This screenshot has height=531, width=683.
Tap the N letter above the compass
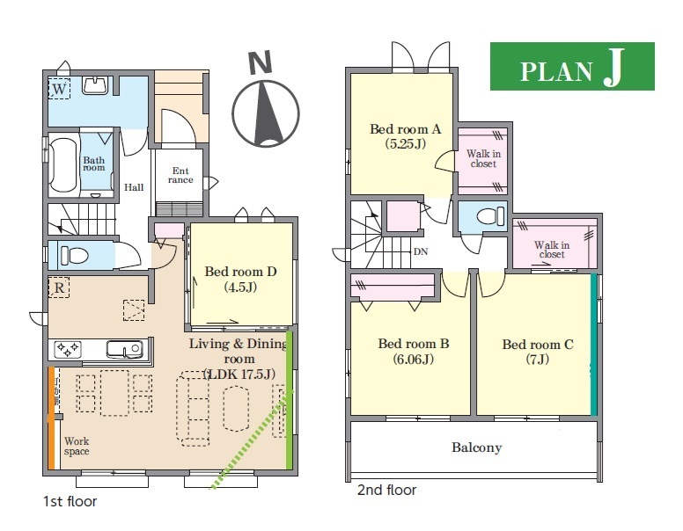tap(260, 62)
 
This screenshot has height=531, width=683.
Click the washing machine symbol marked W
tap(59, 89)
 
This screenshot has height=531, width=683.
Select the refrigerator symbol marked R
tap(59, 287)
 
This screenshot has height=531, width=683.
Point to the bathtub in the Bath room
tap(63, 163)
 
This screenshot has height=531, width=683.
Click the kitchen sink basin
tap(125, 349)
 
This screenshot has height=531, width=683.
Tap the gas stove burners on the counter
tap(68, 349)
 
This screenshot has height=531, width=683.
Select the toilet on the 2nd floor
tap(490, 216)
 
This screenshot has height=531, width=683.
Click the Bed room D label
tap(240, 279)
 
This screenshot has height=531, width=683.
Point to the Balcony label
tap(476, 447)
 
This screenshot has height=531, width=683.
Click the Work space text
tap(77, 446)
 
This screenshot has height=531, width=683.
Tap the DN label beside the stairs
tap(421, 251)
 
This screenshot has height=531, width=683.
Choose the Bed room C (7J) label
tap(538, 352)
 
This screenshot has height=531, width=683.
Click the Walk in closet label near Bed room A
tap(483, 158)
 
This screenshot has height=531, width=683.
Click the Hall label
tap(134, 187)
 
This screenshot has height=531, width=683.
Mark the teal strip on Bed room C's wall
tap(594, 345)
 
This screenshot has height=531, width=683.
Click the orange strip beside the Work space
tap(51, 418)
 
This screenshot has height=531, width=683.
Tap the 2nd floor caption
tap(386, 490)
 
